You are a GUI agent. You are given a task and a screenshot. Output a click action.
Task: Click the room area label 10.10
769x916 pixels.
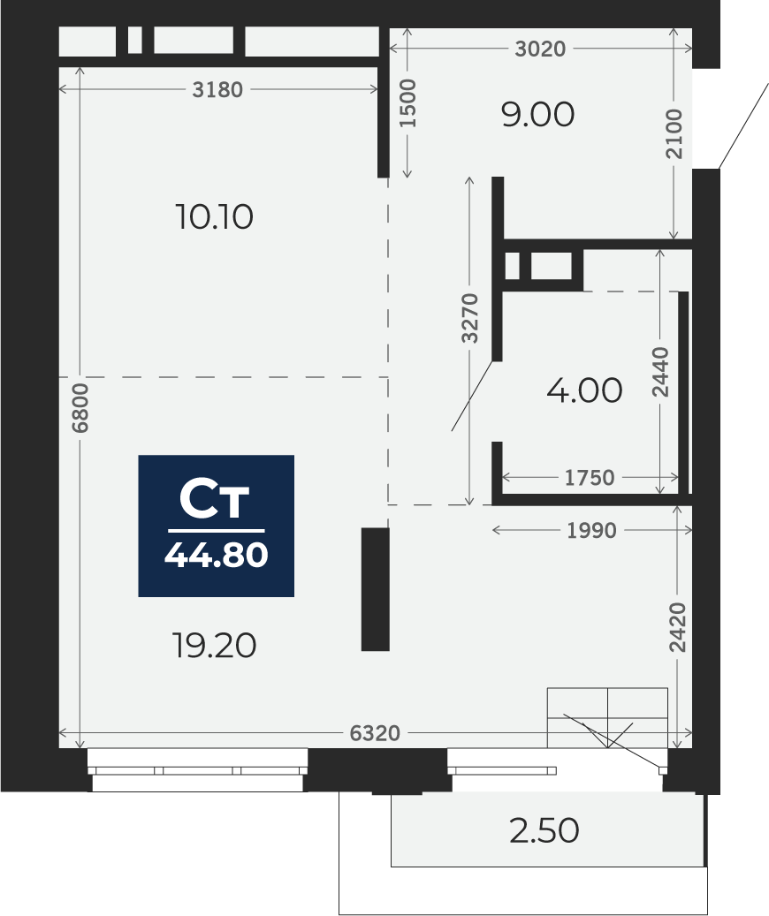point(214,216)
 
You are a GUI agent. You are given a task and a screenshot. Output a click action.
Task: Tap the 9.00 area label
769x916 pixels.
point(537,115)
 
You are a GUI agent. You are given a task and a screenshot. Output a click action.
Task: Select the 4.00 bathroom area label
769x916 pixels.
point(584,390)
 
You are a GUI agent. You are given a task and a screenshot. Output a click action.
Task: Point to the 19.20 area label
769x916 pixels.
point(215,646)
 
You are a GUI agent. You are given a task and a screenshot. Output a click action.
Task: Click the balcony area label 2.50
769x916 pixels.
point(544,830)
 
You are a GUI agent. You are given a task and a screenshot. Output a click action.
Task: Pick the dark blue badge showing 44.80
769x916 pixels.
point(216,526)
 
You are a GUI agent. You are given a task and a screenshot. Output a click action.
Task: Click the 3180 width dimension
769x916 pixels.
point(217,90)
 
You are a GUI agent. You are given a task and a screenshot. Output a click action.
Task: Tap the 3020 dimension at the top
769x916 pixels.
point(540,49)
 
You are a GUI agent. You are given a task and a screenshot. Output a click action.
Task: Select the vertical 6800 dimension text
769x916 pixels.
point(80,408)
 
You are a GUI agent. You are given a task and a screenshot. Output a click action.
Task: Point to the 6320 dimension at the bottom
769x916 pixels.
point(375,733)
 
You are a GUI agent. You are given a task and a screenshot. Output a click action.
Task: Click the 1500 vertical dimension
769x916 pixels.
point(407,103)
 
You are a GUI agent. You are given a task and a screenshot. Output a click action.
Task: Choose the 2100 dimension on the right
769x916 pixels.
point(674,133)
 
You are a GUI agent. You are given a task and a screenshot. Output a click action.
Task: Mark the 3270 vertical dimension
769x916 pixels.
point(469,318)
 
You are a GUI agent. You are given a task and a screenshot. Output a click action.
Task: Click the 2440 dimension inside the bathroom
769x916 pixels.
point(660,372)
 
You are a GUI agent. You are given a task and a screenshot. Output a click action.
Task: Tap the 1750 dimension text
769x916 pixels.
point(590,478)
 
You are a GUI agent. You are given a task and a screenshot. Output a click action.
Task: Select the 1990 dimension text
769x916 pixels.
point(592,531)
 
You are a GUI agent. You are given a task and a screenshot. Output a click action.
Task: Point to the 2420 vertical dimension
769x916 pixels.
point(677,627)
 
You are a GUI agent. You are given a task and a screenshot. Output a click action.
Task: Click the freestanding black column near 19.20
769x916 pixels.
point(376,589)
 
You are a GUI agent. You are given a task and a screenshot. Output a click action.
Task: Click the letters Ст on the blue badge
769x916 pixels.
point(215,500)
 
